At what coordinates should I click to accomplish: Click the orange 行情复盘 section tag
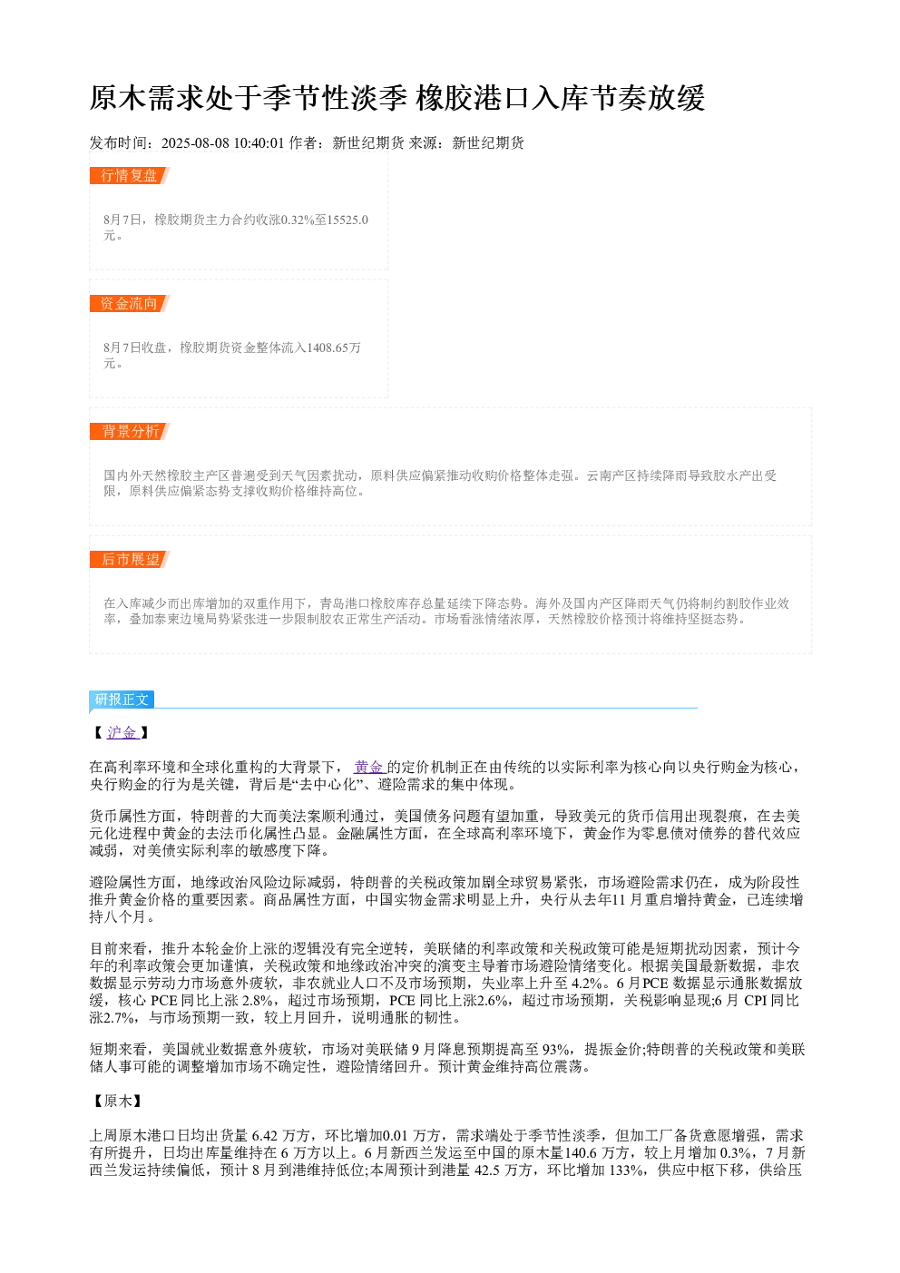tap(130, 176)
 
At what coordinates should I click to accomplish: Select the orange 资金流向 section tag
tap(130, 303)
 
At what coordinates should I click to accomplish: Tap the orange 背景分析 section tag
tap(130, 431)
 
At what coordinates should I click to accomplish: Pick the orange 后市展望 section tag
tap(130, 559)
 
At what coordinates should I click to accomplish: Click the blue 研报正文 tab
tap(122, 699)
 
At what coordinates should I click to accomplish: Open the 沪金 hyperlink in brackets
tap(122, 732)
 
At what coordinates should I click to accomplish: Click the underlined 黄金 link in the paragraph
tap(369, 768)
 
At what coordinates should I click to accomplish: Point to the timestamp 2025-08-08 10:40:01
tap(222, 142)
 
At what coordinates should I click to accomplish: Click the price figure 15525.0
tap(346, 220)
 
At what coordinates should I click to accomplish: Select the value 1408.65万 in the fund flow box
tap(334, 348)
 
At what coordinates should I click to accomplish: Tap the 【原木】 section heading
tap(118, 1101)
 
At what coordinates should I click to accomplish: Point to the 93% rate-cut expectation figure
tap(558, 1049)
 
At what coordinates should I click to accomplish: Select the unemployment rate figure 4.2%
tap(588, 983)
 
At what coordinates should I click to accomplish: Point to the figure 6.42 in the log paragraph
tap(265, 1135)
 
